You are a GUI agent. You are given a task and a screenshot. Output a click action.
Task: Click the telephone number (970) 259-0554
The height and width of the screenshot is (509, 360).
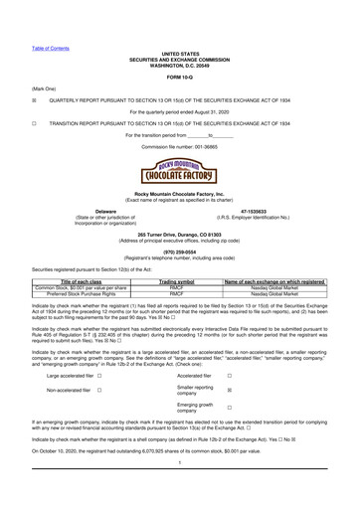180,251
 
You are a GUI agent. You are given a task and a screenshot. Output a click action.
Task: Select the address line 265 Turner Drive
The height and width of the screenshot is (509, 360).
180,231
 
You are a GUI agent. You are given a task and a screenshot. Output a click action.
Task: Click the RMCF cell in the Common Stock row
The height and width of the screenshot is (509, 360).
176,289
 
